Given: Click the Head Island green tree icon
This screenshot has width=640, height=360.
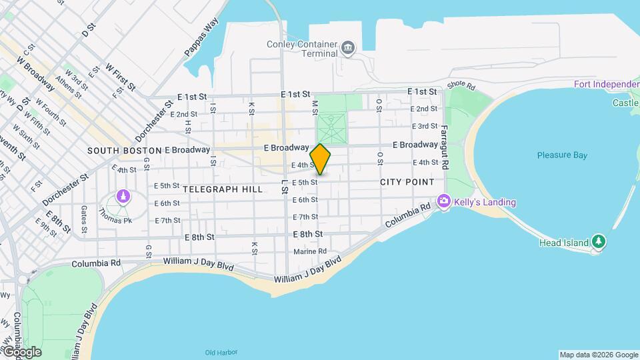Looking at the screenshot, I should tap(599, 242).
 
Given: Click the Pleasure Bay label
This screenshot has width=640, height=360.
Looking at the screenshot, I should tap(562, 155).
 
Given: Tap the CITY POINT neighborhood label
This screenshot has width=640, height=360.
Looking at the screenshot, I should tap(407, 182).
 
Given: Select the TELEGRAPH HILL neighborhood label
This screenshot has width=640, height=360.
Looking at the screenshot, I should tap(222, 189).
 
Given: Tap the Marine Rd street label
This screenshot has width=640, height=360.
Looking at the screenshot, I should tap(310, 251).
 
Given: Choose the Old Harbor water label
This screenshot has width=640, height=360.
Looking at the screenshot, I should tap(221, 353).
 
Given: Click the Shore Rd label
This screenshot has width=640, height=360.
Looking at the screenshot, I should tap(461, 86).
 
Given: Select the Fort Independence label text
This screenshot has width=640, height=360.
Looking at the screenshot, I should tap(606, 84).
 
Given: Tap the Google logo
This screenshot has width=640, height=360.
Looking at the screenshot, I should tap(21, 351).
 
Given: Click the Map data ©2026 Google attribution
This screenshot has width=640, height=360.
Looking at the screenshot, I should tap(598, 355).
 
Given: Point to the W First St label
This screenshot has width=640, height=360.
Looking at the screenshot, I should tap(121, 77).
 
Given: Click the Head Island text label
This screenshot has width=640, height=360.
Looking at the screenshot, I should tap(564, 243).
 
